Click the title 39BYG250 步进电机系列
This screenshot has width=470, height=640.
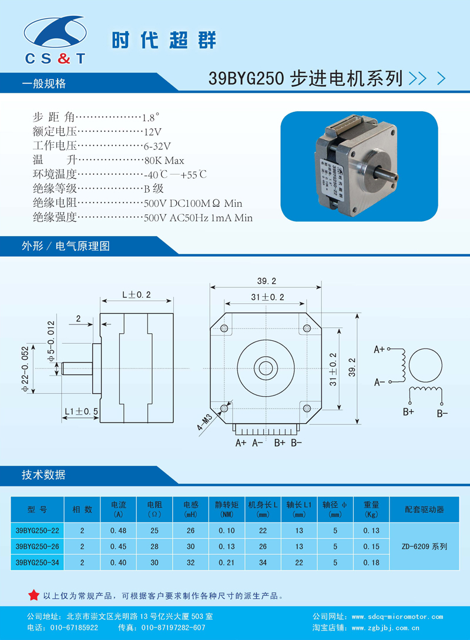[305, 78]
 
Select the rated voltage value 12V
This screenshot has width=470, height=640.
[153, 132]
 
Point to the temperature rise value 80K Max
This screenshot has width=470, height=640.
[164, 160]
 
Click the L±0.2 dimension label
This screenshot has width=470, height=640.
[136, 294]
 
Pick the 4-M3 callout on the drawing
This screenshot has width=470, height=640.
[204, 422]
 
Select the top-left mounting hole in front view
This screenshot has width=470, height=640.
[224, 328]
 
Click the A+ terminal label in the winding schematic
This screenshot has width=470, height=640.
[379, 350]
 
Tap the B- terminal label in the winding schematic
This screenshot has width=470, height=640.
[442, 414]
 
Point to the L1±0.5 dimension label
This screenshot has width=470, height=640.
[82, 411]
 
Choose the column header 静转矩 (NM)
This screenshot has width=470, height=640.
[226, 510]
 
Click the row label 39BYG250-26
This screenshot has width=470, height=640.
[37, 547]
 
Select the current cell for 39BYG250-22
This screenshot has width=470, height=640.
[118, 531]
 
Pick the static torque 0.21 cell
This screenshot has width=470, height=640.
[226, 562]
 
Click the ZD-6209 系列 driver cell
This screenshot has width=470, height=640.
[424, 547]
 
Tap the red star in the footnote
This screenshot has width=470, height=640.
[33, 595]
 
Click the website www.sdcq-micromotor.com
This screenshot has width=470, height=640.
[397, 616]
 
